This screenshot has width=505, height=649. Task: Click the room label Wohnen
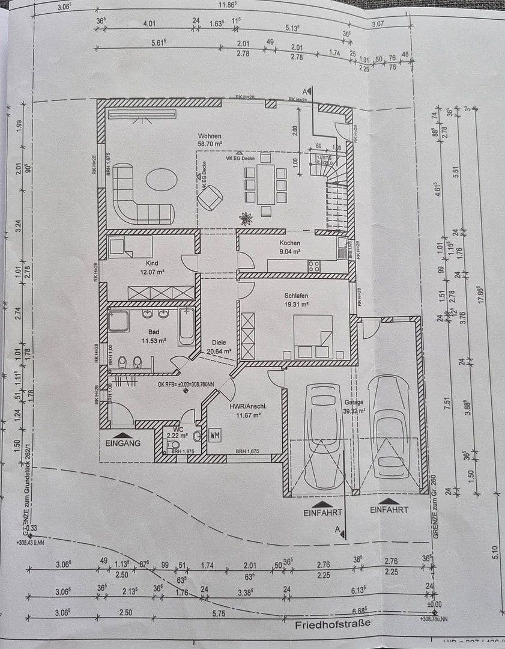(x=210, y=136)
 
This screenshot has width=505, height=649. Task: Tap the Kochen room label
(x=289, y=243)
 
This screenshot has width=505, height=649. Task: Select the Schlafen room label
(x=297, y=296)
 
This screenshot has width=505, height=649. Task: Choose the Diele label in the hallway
(x=218, y=342)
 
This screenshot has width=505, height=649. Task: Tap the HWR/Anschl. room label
(x=248, y=406)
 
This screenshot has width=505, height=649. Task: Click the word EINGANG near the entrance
(x=122, y=443)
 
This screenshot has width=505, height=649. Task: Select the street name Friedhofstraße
(x=332, y=624)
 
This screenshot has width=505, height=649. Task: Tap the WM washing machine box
(x=215, y=434)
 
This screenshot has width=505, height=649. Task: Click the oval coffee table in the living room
(x=162, y=179)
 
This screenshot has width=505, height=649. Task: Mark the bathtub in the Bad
(x=186, y=326)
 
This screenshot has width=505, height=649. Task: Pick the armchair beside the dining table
(x=211, y=197)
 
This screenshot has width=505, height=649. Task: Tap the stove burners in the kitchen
(x=313, y=266)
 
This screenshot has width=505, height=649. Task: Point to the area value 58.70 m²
(x=210, y=145)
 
